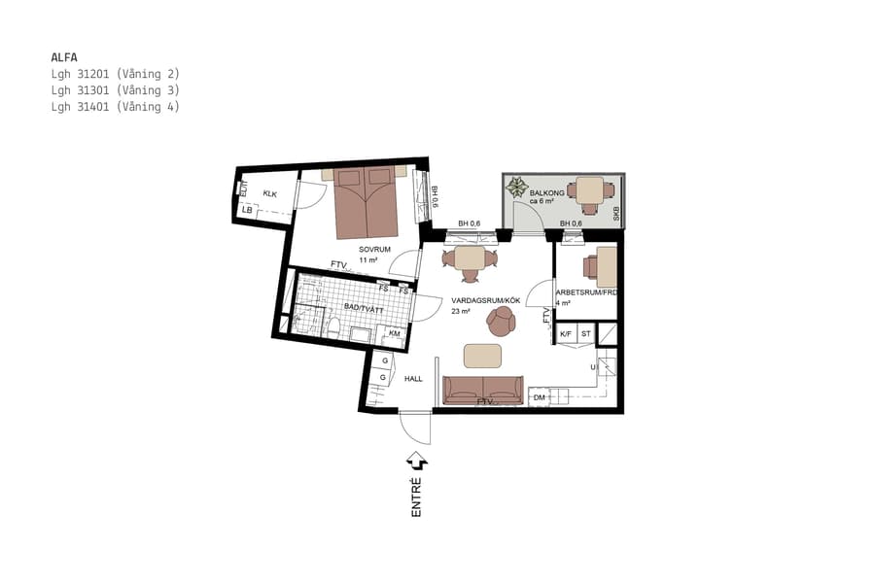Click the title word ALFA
tap(63, 56)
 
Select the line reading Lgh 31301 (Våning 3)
tap(115, 90)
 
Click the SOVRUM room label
tap(374, 249)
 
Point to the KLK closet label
tap(269, 194)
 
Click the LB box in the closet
tap(248, 210)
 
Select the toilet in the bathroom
tap(332, 329)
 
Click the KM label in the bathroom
tap(395, 333)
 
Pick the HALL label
tap(413, 378)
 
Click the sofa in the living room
tap(482, 390)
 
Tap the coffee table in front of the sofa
tap(483, 356)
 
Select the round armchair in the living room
tap(503, 321)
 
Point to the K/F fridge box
tap(565, 334)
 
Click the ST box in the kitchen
tap(585, 334)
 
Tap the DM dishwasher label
tap(539, 397)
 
